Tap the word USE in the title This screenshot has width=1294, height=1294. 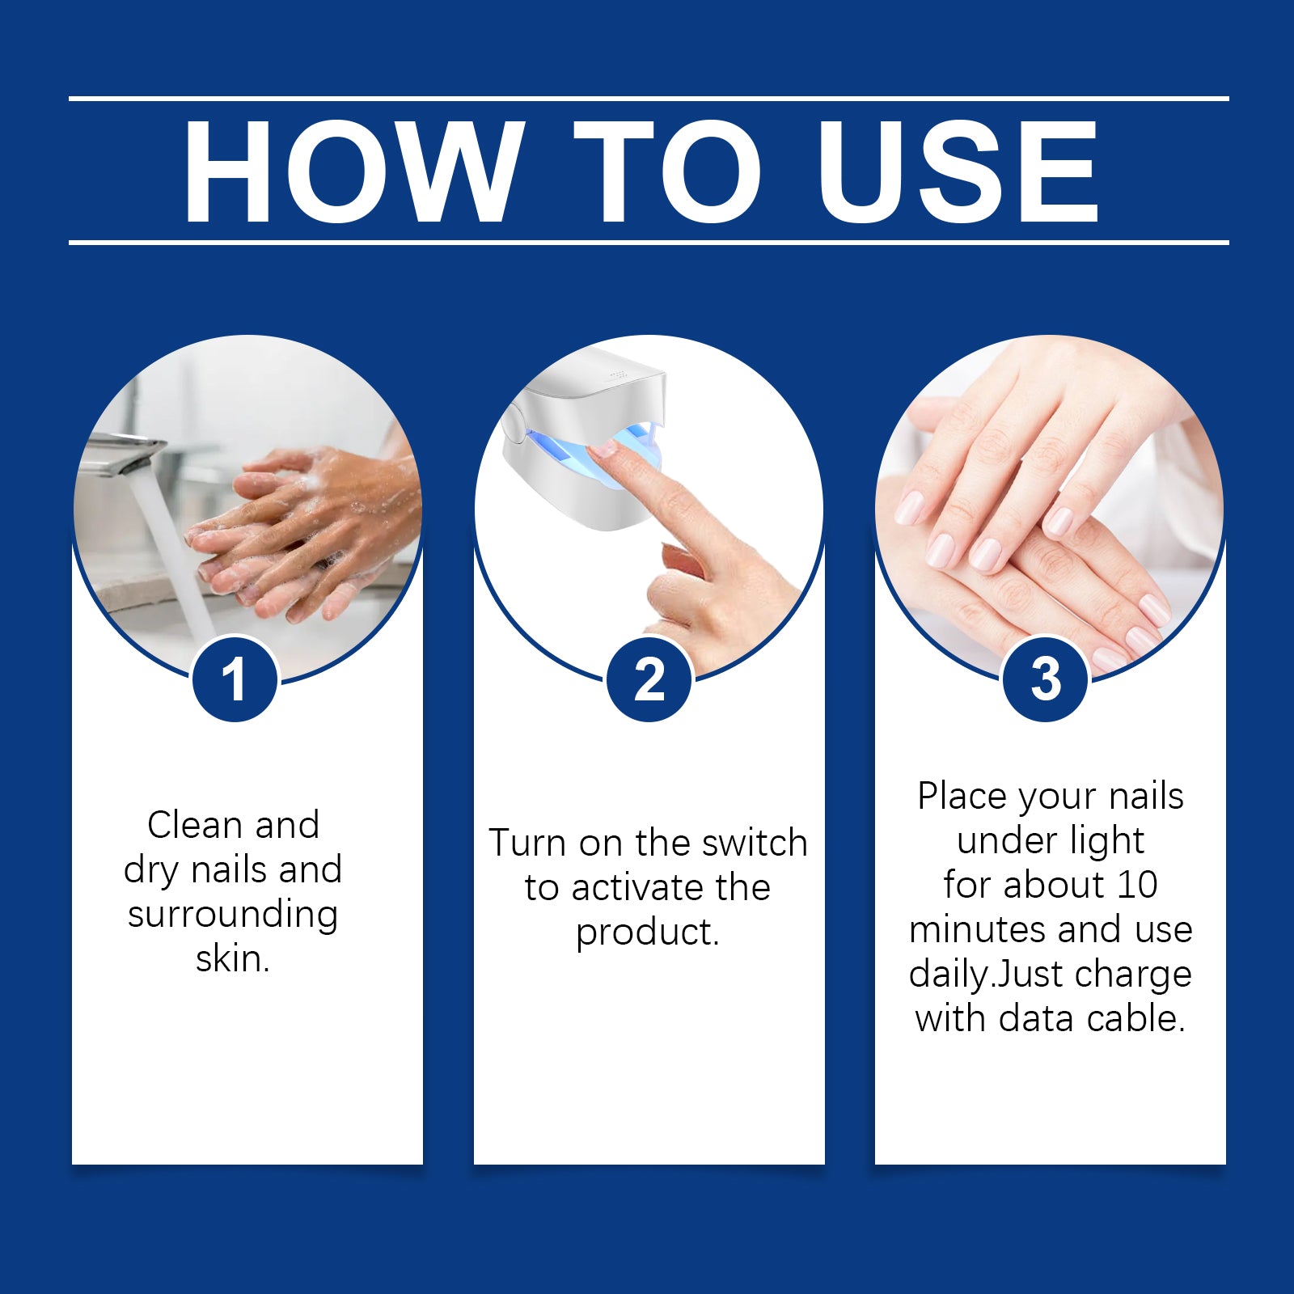[958, 171]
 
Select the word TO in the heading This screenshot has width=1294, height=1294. [668, 171]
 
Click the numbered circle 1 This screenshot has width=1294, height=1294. [235, 679]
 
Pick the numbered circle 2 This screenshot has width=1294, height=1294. [649, 679]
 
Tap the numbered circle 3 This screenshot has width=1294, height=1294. [1046, 679]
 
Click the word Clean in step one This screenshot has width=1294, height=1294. [195, 826]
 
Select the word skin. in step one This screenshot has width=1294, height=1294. [233, 959]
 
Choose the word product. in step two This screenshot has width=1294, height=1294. [648, 932]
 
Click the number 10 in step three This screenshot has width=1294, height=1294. [1136, 885]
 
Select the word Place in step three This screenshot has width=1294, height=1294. [962, 797]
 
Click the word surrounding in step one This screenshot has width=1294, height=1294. [233, 915]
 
